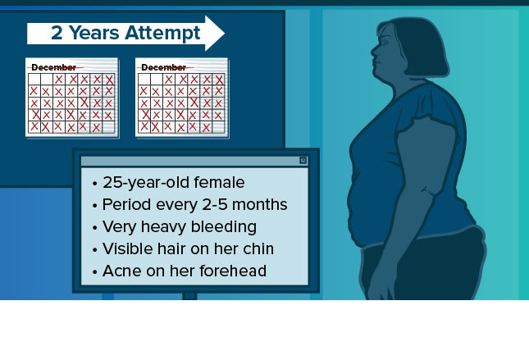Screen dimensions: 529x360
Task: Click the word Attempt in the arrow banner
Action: click(162, 33)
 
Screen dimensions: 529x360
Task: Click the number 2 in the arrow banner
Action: click(57, 33)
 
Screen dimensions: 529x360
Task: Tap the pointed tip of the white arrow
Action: click(224, 33)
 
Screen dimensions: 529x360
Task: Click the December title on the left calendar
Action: click(53, 67)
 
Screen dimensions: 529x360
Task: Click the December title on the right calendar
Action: click(164, 67)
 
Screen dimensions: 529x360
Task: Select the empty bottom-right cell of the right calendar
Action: click(219, 127)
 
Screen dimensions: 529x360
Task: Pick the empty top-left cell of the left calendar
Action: click(34, 80)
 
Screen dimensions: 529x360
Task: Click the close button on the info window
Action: click(303, 160)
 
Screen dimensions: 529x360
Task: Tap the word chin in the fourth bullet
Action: click(259, 248)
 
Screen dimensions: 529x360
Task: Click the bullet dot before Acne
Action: click(95, 271)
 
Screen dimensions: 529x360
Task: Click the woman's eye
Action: click(385, 42)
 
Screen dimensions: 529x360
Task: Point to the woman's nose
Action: click(374, 52)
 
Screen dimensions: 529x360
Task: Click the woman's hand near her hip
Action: click(381, 287)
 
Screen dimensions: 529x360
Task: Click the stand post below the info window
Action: click(189, 296)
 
